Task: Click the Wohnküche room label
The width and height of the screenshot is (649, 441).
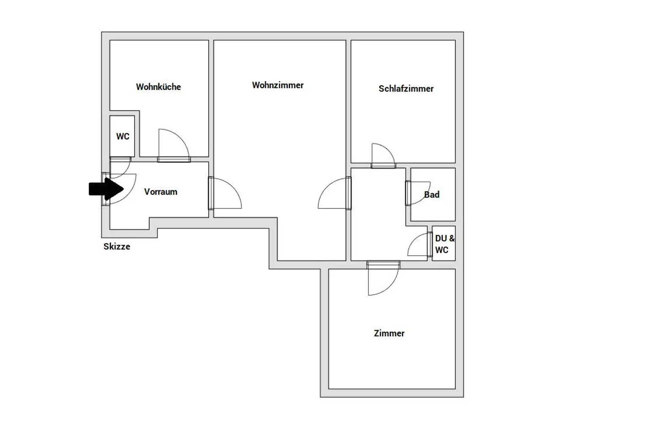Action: coord(158,87)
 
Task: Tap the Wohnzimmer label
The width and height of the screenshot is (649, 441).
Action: coord(278,85)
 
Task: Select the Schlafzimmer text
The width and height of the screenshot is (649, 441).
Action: coord(406,89)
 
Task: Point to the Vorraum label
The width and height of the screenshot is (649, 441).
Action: coord(161,192)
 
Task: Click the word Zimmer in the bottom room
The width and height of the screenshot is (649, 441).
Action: coord(389,333)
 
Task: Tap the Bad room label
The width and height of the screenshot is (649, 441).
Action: coord(432,195)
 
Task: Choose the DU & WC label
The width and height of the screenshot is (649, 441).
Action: coord(445,244)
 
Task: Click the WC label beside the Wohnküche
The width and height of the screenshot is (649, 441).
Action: coord(123,136)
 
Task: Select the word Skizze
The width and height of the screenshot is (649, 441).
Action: coord(117,246)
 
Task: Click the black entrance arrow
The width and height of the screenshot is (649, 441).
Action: coord(106,189)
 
